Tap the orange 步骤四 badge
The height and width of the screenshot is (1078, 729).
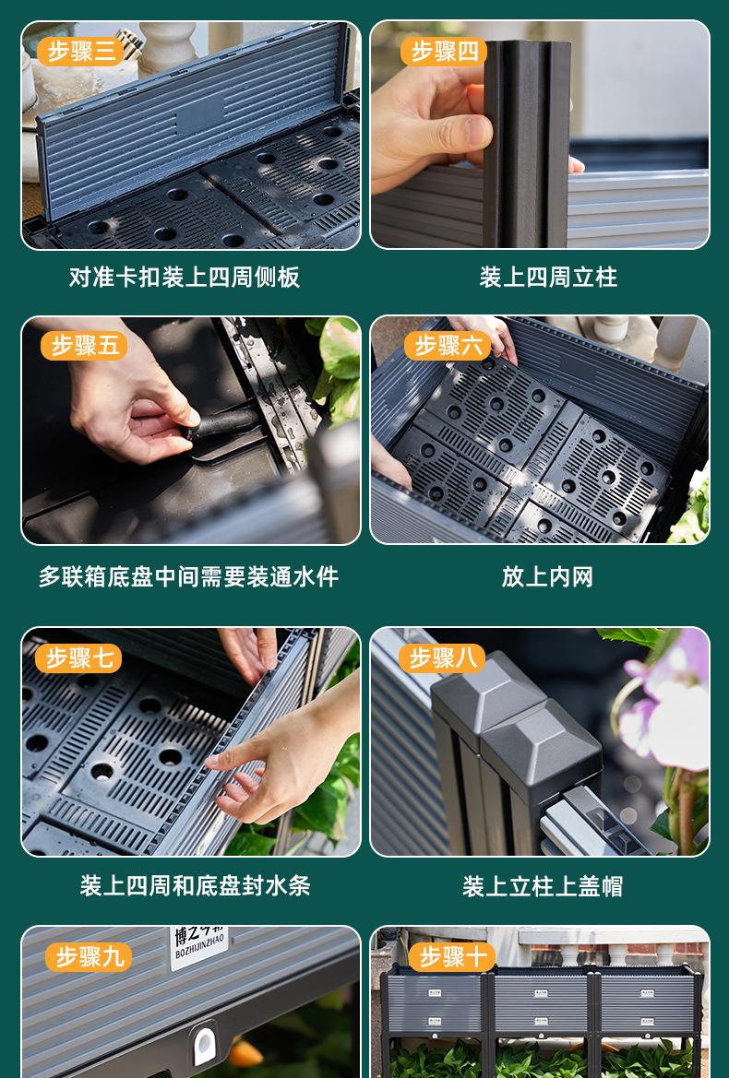click(444, 52)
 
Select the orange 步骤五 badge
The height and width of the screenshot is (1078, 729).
click(84, 346)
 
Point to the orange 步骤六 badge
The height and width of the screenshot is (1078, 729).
click(447, 346)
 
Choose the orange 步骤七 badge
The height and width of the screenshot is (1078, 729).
click(78, 658)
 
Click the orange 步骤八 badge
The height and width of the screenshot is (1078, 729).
click(441, 658)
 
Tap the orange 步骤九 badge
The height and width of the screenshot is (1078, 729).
click(89, 957)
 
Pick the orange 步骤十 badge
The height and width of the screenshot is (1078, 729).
click(452, 957)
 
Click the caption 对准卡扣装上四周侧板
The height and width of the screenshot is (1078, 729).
click(185, 277)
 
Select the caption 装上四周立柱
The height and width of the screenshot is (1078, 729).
click(548, 277)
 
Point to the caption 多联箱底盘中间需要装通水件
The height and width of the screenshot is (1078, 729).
click(188, 577)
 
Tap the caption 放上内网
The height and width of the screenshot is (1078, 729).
click(547, 577)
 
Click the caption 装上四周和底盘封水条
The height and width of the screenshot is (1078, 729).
click(196, 885)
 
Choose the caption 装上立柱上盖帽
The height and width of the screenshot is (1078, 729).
click(543, 886)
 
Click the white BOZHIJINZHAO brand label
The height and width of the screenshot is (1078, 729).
click(198, 946)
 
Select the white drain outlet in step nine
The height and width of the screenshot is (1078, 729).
click(204, 1043)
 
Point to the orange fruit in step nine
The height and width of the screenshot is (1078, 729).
click(245, 1052)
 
